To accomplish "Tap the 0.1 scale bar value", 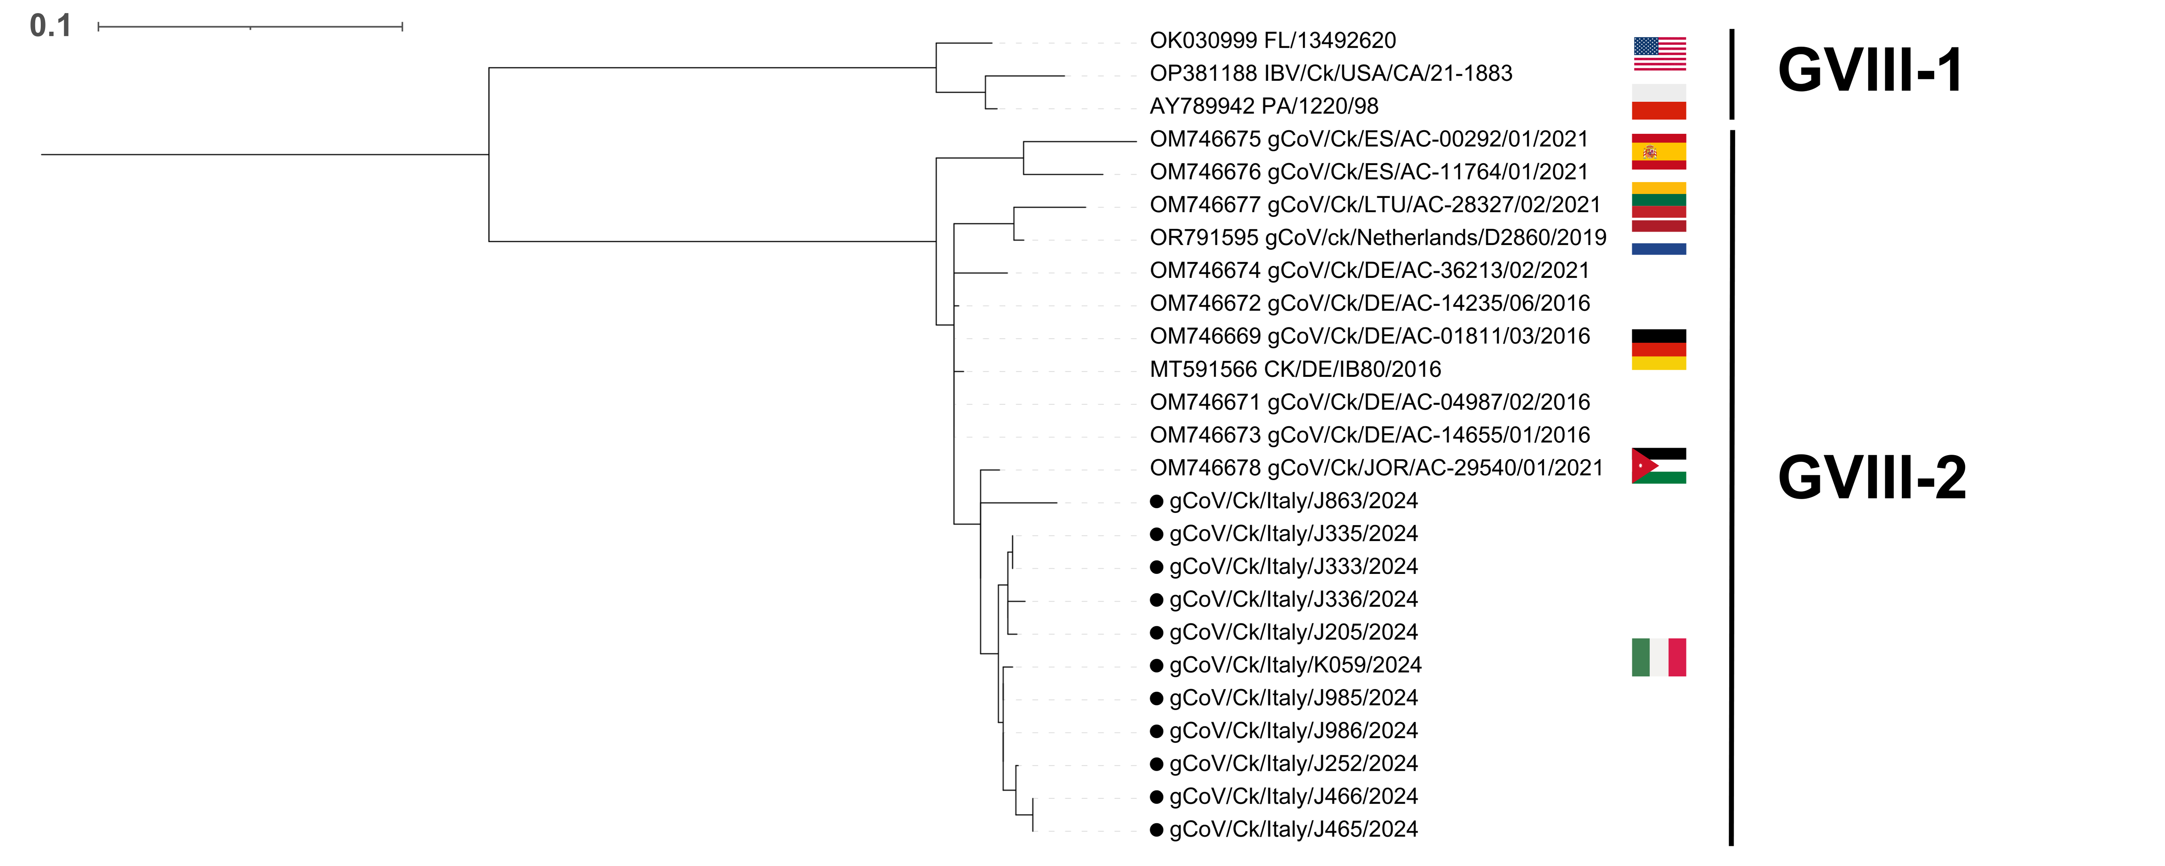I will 50,26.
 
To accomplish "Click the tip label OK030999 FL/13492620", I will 1272,40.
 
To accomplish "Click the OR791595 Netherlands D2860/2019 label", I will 1378,238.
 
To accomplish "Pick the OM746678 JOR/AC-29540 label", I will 1376,468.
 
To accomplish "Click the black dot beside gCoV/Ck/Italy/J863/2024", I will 1156,501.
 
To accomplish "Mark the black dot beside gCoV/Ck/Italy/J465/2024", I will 1156,830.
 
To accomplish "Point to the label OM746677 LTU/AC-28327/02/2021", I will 1375,205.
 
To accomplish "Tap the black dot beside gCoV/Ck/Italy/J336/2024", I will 1156,600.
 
